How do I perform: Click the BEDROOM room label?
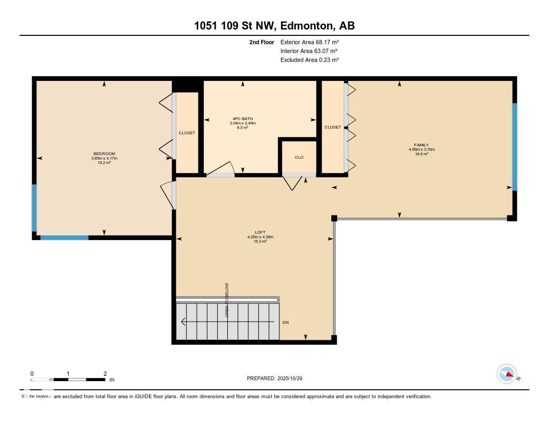pyautogui.click(x=104, y=154)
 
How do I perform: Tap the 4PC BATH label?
pyautogui.click(x=242, y=119)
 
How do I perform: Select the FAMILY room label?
pyautogui.click(x=421, y=145)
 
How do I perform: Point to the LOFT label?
pyautogui.click(x=260, y=232)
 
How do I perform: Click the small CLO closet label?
pyautogui.click(x=299, y=157)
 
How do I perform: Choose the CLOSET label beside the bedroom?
pyautogui.click(x=187, y=132)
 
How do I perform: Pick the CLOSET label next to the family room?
pyautogui.click(x=332, y=127)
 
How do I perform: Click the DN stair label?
pyautogui.click(x=286, y=322)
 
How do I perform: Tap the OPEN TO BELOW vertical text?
pyautogui.click(x=227, y=300)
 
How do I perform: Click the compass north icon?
pyautogui.click(x=507, y=374)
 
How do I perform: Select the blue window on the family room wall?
pyautogui.click(x=514, y=146)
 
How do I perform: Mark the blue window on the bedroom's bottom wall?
pyautogui.click(x=64, y=237)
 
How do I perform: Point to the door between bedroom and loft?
pyautogui.click(x=169, y=195)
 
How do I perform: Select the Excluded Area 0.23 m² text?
pyautogui.click(x=309, y=60)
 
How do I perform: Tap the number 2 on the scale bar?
pyautogui.click(x=105, y=374)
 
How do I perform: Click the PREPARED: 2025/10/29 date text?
pyautogui.click(x=278, y=378)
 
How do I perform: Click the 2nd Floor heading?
pyautogui.click(x=262, y=42)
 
